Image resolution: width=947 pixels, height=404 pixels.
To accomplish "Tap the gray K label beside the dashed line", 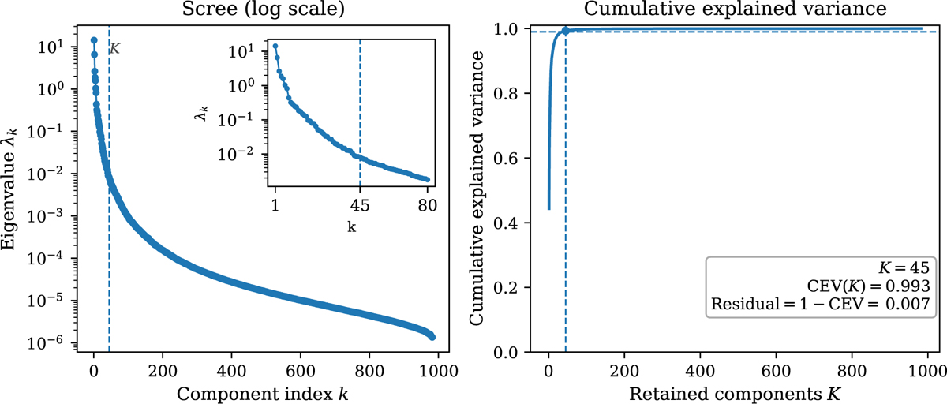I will [114, 49].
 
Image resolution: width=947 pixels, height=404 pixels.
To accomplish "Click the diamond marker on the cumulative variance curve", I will [566, 32].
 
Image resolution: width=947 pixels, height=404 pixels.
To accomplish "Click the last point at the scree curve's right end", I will [432, 336].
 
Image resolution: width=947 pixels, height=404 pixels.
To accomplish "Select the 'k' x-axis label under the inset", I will [351, 226].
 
